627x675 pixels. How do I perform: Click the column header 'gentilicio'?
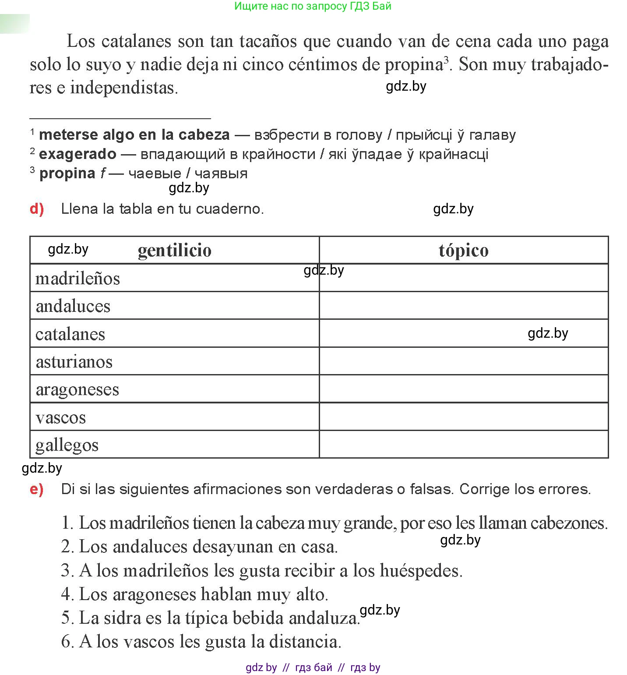click(174, 251)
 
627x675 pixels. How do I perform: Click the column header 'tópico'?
click(463, 251)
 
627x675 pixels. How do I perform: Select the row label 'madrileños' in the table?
click(77, 279)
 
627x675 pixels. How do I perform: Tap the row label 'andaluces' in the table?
click(73, 306)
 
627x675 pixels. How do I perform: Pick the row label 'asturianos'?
click(74, 362)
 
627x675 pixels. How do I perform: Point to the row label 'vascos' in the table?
click(60, 417)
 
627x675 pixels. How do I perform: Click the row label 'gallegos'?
click(67, 445)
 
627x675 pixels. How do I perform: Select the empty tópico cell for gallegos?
click(463, 445)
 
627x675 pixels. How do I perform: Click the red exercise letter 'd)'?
click(37, 209)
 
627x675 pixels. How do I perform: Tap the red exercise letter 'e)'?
click(37, 489)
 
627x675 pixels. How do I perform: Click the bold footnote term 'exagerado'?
click(77, 154)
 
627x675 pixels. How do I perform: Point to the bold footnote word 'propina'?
click(67, 173)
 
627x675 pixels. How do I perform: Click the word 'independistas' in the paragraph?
click(123, 88)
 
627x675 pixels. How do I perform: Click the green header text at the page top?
click(313, 6)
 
